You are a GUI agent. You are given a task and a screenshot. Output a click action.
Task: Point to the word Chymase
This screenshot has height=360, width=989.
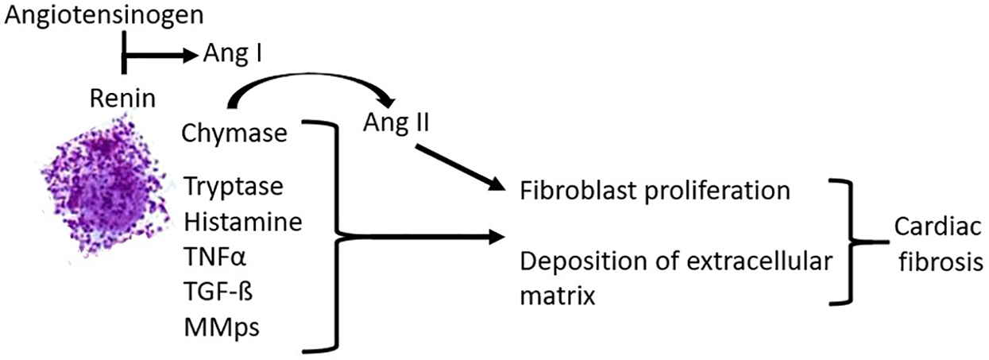pyautogui.click(x=234, y=133)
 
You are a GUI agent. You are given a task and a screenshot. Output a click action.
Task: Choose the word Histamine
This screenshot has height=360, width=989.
pyautogui.click(x=243, y=223)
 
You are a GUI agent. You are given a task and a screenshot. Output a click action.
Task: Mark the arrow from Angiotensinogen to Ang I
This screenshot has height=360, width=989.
pyautogui.click(x=159, y=55)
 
